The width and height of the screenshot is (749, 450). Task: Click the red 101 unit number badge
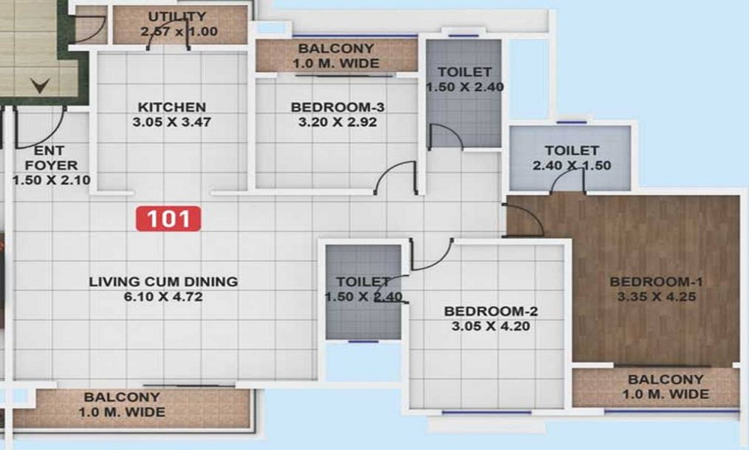pos(169,218)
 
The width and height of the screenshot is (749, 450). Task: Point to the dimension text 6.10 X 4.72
pos(163,297)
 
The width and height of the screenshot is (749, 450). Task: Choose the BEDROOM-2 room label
pos(491,311)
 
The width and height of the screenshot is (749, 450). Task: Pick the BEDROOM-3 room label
pos(333,107)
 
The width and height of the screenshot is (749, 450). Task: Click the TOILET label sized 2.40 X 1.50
pos(571,151)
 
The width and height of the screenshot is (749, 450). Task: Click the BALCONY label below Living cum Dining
pos(122,397)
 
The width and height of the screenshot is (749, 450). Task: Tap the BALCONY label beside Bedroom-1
pos(666,379)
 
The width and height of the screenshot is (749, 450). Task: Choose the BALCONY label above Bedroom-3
pos(336,49)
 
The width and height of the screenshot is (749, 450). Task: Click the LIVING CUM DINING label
pos(163,282)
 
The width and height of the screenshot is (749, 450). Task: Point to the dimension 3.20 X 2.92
pos(333,122)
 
